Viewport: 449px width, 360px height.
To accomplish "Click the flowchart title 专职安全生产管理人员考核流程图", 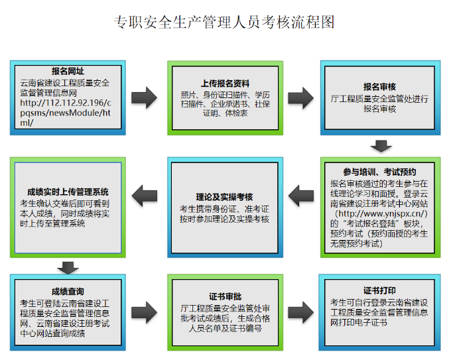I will point(225,22).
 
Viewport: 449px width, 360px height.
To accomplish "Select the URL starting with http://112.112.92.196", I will point(66,113).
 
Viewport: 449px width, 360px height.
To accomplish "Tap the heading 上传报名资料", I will point(225,84).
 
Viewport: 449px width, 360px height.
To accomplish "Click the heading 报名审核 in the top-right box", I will point(379,87).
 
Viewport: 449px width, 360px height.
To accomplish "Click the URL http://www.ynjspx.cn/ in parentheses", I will point(380,214).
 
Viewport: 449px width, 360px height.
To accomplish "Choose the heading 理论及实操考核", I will point(224,197).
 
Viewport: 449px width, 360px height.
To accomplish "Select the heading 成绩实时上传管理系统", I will point(64,192).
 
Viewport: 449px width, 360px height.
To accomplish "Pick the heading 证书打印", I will point(379,290).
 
